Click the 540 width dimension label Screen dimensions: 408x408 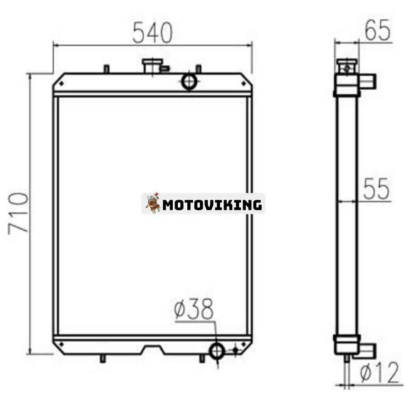click(x=152, y=33)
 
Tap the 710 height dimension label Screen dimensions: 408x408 click(x=18, y=213)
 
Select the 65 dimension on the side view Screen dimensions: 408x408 click(x=378, y=30)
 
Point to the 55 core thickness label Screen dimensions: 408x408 click(x=376, y=189)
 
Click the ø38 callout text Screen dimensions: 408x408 click(x=194, y=309)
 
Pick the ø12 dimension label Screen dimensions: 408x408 click(x=379, y=372)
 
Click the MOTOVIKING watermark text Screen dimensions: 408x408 click(x=212, y=205)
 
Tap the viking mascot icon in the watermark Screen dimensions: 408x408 click(x=153, y=203)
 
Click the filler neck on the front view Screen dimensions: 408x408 click(x=152, y=66)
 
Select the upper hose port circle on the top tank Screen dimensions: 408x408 click(x=189, y=81)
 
